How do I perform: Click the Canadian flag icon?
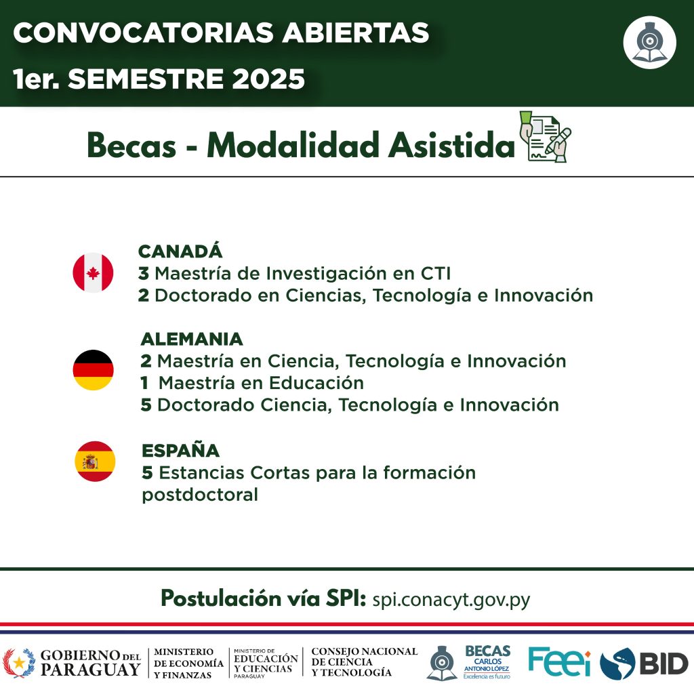pos(93,272)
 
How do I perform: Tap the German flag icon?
pos(93,369)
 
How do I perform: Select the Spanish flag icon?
pos(95,461)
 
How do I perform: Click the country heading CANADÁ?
pos(180,251)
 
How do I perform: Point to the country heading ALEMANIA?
pos(192,339)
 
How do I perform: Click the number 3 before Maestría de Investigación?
pos(144,274)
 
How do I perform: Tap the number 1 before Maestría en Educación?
pos(144,383)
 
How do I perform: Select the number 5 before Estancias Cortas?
pos(147,472)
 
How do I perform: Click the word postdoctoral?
pos(200,495)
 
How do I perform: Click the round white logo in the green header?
pos(649,43)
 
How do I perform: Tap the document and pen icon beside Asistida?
pos(545,137)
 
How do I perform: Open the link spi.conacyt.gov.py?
pos(451,600)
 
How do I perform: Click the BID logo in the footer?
pos(644,664)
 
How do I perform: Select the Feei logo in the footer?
pos(559,661)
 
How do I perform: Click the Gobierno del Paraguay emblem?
pos(18,663)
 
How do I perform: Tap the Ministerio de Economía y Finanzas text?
pos(188,664)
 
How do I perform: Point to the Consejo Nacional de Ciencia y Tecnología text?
pos(364,662)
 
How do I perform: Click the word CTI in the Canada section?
pos(436,274)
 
